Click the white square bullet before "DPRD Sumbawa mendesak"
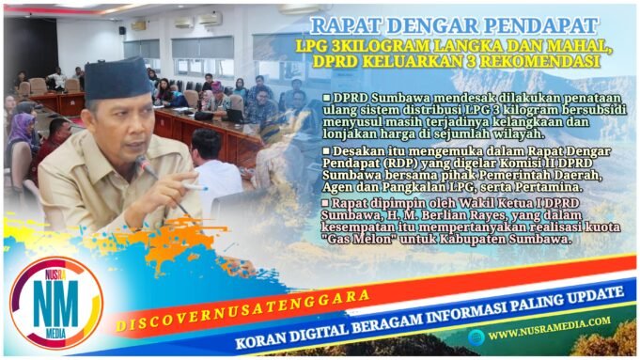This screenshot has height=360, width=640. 326,98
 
